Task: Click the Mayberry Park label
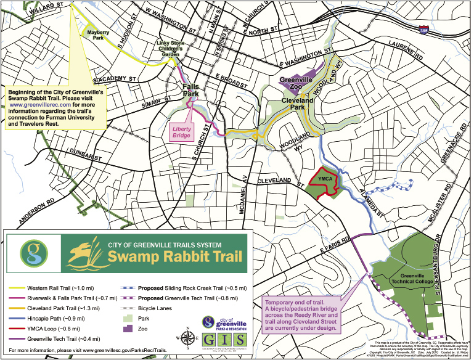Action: (94, 34)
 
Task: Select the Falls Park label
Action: (195, 91)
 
